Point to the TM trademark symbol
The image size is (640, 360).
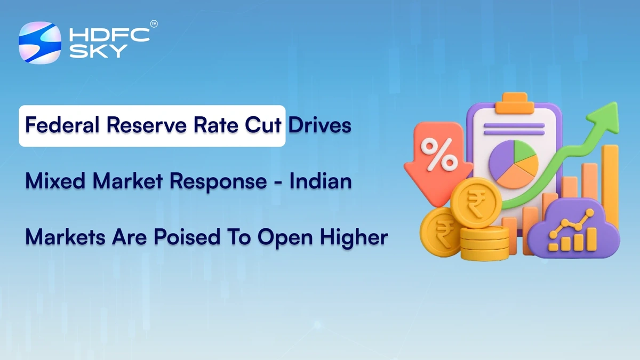(154, 24)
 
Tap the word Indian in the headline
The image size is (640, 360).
(321, 182)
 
